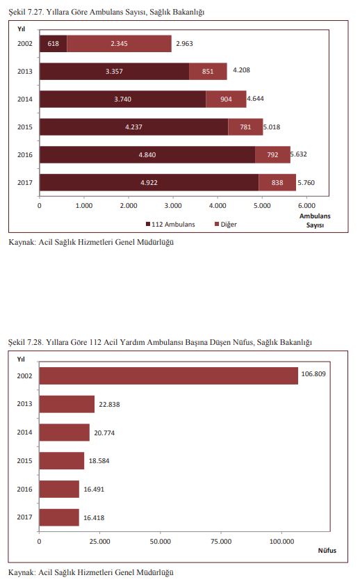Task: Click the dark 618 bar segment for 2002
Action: (x=53, y=43)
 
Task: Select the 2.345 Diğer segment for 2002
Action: (x=119, y=43)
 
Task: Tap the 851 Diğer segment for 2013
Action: (x=208, y=71)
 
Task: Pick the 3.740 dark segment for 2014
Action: (x=123, y=99)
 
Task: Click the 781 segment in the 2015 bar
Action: (x=245, y=127)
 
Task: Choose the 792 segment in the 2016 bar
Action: (x=272, y=155)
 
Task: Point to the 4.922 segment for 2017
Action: (x=149, y=183)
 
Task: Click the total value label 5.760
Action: (x=306, y=183)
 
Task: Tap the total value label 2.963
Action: (x=184, y=43)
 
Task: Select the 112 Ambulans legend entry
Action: (x=170, y=224)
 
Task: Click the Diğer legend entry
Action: (x=226, y=224)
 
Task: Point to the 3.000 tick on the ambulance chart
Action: (x=173, y=206)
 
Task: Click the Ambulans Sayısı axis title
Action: (x=315, y=220)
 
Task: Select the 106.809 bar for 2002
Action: (x=168, y=375)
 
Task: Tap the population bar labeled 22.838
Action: (x=67, y=404)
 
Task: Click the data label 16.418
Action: (x=94, y=518)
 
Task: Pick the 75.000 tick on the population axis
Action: (x=221, y=542)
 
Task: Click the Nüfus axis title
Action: (x=327, y=551)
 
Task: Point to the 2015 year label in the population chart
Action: (x=24, y=460)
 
